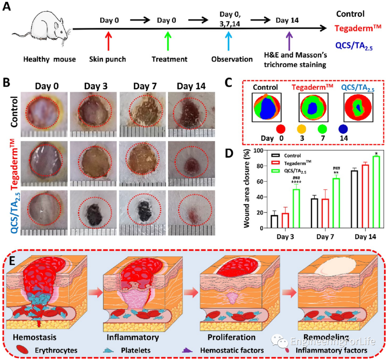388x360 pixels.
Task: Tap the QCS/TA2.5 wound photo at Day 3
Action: pos(92,212)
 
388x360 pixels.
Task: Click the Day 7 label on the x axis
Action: pos(324,237)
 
